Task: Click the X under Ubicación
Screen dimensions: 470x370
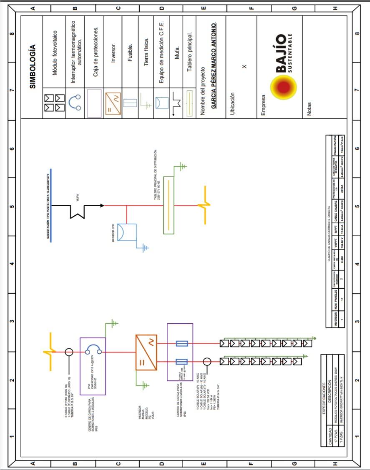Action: click(x=244, y=67)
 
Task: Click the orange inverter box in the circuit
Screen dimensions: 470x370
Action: click(x=146, y=352)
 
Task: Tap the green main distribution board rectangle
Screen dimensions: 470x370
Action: click(x=169, y=205)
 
